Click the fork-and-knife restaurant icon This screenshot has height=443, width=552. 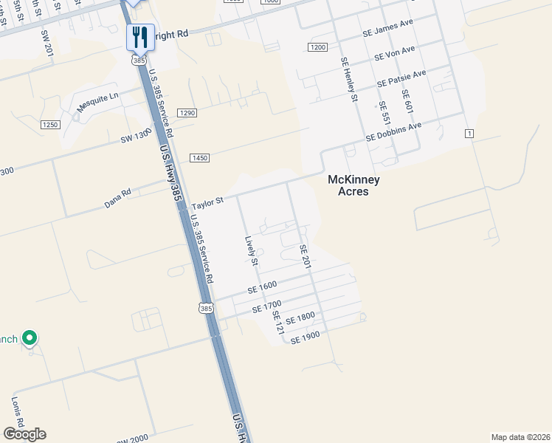coord(139,36)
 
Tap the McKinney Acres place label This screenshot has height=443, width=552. coord(347,185)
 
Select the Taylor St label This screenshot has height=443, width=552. coord(207,202)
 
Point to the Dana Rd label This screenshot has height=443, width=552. coord(117,198)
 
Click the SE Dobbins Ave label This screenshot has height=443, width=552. coord(394,133)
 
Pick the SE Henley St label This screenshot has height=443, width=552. coord(348,80)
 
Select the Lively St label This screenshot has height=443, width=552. coord(252,251)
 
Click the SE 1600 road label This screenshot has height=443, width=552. coord(262,287)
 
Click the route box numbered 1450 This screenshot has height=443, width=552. coord(199,158)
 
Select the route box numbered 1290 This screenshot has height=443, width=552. coord(187,113)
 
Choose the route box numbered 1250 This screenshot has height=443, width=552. coord(50,125)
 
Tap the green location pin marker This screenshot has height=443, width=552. coord(30,338)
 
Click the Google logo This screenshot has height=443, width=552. coord(24,433)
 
